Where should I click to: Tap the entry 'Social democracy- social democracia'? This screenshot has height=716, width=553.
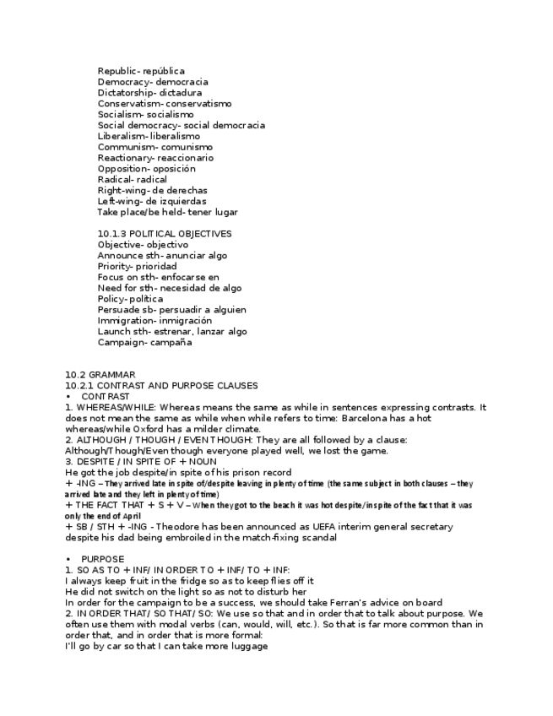click(x=181, y=125)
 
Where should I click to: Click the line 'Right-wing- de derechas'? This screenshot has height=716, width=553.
click(x=152, y=191)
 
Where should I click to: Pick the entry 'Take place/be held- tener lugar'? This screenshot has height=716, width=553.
click(x=167, y=212)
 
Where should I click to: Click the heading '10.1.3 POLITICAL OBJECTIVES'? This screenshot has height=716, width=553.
click(x=164, y=234)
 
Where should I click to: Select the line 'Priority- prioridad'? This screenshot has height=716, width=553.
click(x=137, y=266)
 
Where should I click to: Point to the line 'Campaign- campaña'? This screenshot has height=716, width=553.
click(x=144, y=342)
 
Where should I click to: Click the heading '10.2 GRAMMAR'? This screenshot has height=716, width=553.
click(x=99, y=375)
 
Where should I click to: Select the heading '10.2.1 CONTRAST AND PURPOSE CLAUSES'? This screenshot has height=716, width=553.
click(x=161, y=386)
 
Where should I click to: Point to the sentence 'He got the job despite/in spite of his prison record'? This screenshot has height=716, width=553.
click(x=178, y=472)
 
